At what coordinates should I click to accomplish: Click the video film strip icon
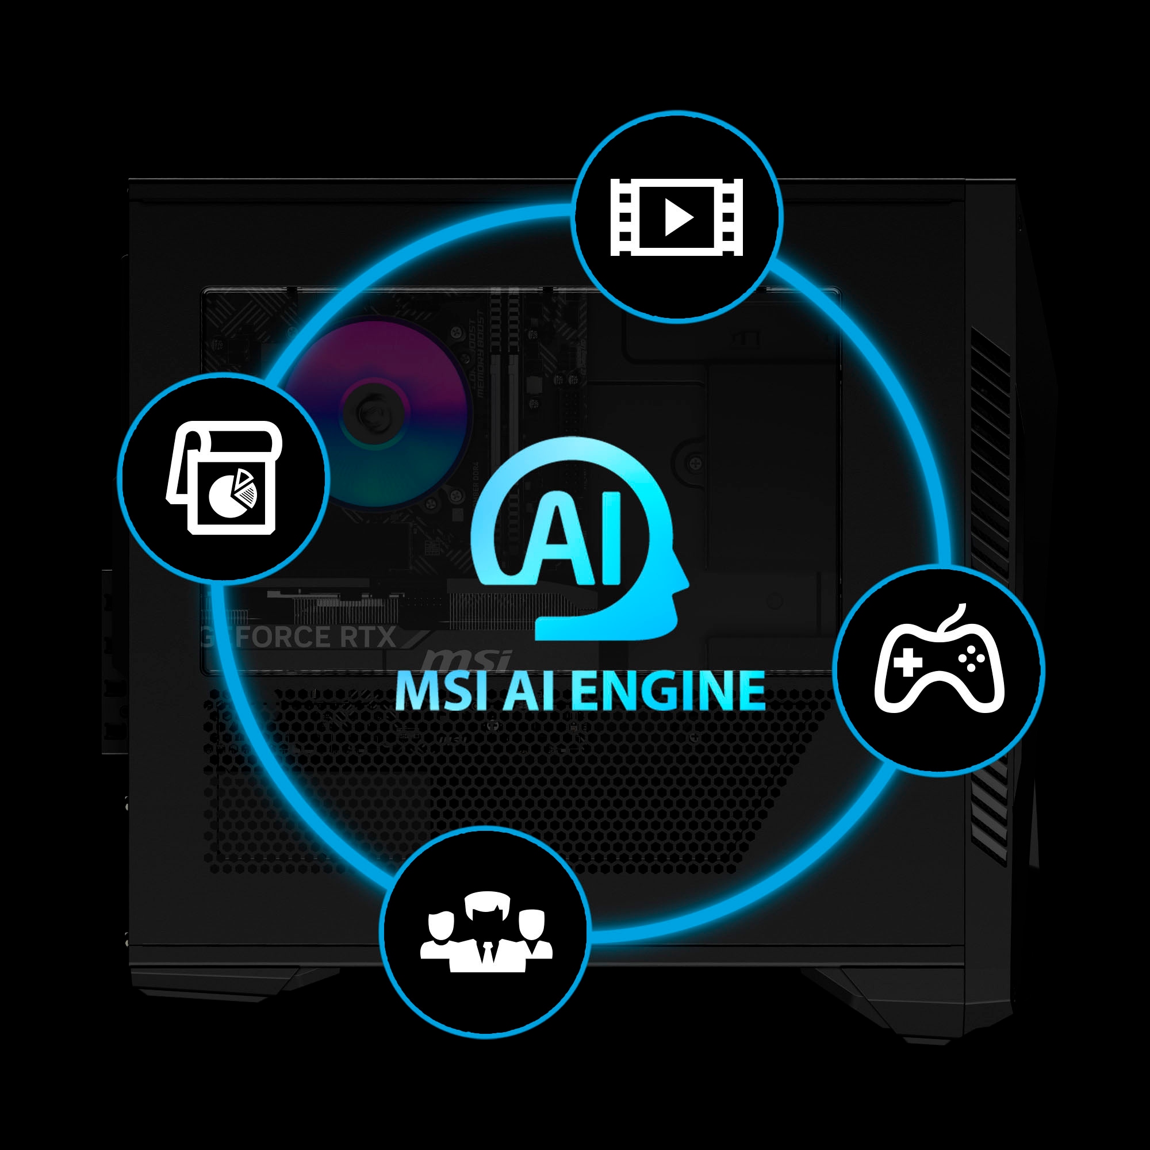tap(677, 217)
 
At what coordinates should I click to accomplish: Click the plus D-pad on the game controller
tap(907, 662)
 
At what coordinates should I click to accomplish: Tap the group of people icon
tap(486, 932)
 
